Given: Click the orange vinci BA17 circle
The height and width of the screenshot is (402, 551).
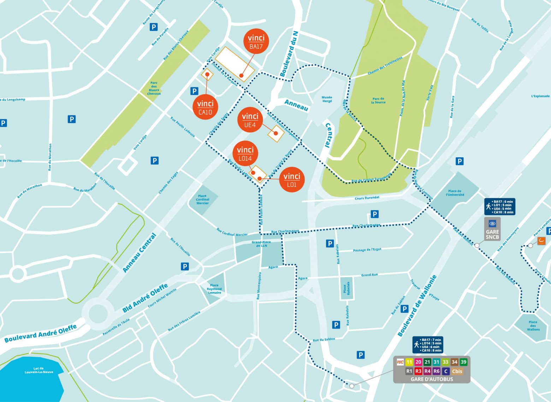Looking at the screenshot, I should [256, 41].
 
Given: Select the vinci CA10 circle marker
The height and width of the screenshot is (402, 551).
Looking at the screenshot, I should [205, 107].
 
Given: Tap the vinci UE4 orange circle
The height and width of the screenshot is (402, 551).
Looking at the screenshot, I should [250, 120].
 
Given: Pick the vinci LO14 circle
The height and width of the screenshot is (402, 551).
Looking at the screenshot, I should [245, 153].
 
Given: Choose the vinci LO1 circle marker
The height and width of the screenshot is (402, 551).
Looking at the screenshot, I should [292, 179].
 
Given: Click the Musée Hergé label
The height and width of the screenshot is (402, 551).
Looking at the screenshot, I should [327, 99].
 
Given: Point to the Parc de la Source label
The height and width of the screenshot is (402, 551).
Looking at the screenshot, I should [378, 100].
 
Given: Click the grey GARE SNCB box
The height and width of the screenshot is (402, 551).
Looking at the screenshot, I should [492, 229].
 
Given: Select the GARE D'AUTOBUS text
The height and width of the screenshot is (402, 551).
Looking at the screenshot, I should [432, 379].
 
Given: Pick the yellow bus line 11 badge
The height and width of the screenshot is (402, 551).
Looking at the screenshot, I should [409, 362].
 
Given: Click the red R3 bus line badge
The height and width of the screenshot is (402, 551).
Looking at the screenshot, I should [418, 371].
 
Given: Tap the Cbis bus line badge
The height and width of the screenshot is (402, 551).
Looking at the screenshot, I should [457, 371].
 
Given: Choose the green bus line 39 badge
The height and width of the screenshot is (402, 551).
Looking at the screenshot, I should [463, 362].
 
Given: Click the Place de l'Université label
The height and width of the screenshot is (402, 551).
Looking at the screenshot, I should [455, 193].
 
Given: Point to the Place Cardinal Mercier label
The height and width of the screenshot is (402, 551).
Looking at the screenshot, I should [202, 200].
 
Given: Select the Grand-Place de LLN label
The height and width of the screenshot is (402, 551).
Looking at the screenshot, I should [261, 244].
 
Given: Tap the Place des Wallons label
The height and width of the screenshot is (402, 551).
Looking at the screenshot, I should [533, 325].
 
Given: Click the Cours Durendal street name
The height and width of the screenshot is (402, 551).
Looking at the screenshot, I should [367, 198].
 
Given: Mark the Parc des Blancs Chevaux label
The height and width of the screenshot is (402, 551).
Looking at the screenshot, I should [154, 88].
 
